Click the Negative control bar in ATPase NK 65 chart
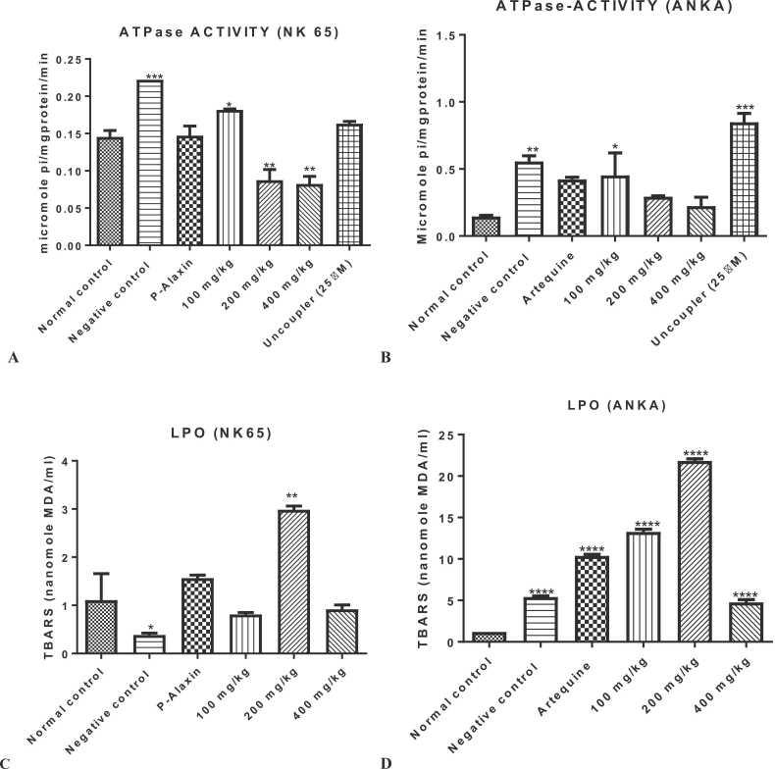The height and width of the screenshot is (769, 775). click(149, 163)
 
